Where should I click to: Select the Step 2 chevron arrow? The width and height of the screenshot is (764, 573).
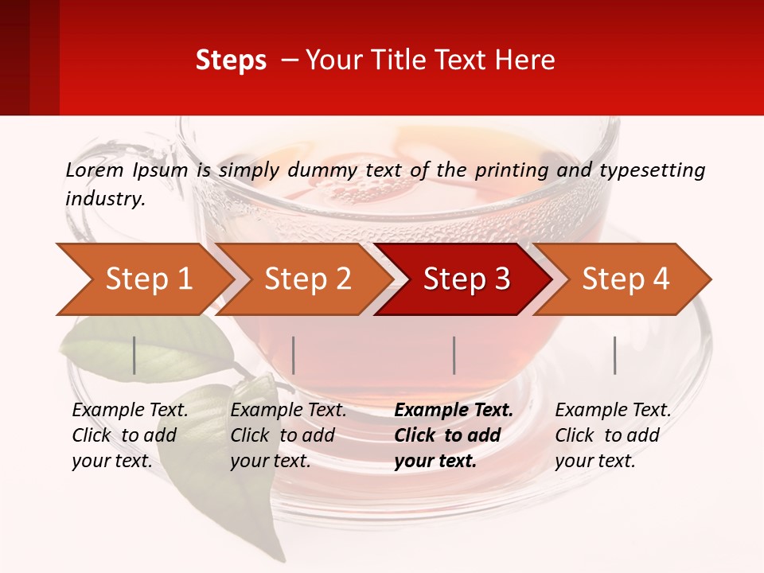[307, 279]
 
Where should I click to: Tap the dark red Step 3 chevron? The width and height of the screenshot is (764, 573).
[466, 279]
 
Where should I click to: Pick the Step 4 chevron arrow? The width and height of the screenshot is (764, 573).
[626, 279]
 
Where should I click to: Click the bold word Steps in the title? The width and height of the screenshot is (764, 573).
[231, 60]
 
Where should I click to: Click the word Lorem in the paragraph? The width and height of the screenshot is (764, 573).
[95, 170]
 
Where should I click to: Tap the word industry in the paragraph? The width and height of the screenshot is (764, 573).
[105, 198]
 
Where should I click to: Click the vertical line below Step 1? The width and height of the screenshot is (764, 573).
[134, 355]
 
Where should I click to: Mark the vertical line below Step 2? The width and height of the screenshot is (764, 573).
[294, 355]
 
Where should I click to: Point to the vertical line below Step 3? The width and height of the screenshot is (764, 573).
[454, 355]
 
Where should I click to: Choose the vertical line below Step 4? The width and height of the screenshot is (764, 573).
[614, 355]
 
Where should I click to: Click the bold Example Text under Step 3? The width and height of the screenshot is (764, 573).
[454, 411]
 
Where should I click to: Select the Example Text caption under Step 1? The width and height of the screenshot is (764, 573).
[130, 411]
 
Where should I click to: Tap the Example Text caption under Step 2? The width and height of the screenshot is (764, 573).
[288, 411]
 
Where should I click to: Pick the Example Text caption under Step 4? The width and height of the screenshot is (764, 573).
[613, 411]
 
